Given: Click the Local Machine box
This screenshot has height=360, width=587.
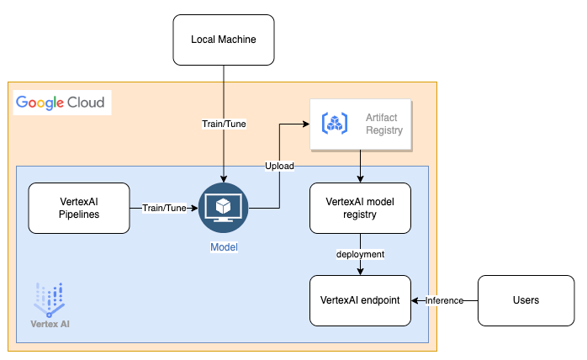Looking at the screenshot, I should pos(223,40).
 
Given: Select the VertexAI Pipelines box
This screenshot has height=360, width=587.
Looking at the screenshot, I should pos(78,208).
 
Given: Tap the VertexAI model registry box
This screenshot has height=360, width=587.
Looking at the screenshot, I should pos(361,208).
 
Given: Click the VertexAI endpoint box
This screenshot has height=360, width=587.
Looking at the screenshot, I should pos(361,300).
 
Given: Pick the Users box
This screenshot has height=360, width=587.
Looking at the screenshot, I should pos(527,300).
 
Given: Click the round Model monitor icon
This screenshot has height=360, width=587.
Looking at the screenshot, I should pos(223,209).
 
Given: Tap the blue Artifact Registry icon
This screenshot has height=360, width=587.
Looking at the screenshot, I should pos(336,124).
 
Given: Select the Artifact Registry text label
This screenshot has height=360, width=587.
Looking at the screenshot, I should pos(384,124).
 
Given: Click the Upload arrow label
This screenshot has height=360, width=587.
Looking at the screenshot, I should pos(279,166).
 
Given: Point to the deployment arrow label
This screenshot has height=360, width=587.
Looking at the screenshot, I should pos(361,254).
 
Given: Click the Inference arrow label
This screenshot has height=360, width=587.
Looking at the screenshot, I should pos(444,300).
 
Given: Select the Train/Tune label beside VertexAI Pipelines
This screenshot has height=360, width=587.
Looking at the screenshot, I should pos(163,208).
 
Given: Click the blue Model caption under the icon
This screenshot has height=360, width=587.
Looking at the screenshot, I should pos(223,248).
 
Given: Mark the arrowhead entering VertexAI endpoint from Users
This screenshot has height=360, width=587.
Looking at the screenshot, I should pos(415,300).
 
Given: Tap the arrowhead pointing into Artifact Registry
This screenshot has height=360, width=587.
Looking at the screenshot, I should pos(305,124).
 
